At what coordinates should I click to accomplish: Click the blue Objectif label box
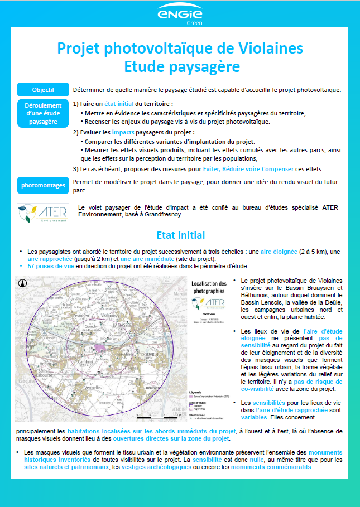click(x=42, y=90)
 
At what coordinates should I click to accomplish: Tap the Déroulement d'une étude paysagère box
click(x=42, y=113)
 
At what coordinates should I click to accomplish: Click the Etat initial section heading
click(x=180, y=235)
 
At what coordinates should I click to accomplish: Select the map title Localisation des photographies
click(x=209, y=287)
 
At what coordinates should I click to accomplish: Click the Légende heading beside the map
click(x=196, y=392)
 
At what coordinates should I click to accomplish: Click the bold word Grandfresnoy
click(x=164, y=214)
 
